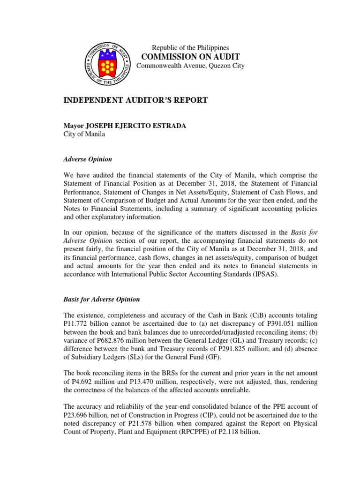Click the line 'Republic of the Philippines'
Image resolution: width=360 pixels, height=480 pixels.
tap(190, 47)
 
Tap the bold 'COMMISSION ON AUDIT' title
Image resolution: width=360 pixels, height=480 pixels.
tap(190, 57)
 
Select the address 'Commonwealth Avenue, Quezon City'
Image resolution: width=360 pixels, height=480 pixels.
tap(190, 66)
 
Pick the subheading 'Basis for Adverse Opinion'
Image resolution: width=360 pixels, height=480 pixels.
tap(101, 299)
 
